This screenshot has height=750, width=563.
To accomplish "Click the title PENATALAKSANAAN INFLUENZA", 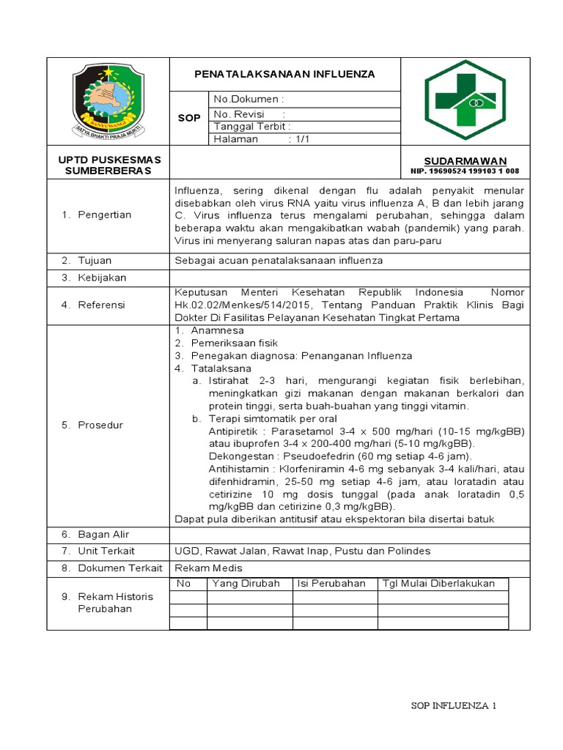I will [x=284, y=74].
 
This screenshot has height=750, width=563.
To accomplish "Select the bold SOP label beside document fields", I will [x=189, y=118].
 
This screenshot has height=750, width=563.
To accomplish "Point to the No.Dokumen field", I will [x=248, y=99].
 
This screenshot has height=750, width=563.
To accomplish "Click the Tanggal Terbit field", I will [x=251, y=126].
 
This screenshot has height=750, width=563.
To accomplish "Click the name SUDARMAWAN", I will [x=465, y=160].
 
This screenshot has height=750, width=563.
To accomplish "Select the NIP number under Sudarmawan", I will [x=465, y=171].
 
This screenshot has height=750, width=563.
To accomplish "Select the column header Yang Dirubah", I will [x=240, y=583].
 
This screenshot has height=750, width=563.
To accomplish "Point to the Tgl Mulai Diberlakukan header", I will [x=439, y=583].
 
